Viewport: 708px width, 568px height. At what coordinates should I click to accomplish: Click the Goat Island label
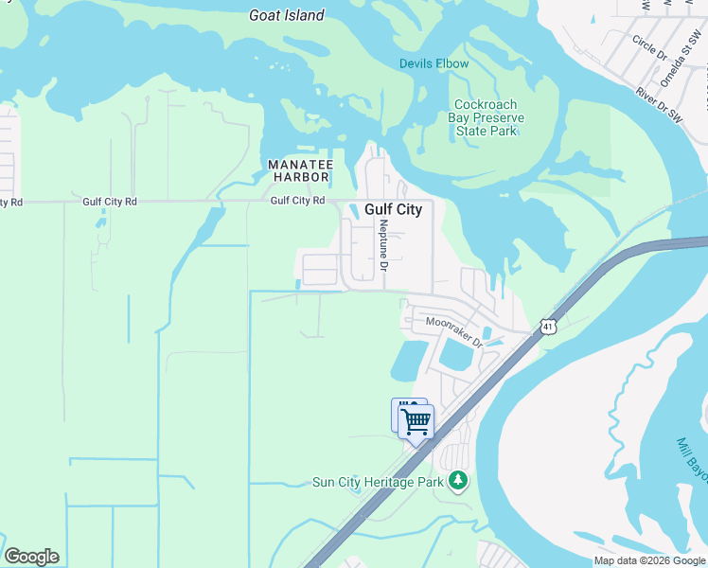click(286, 15)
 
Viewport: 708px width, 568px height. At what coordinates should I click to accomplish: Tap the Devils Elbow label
click(434, 64)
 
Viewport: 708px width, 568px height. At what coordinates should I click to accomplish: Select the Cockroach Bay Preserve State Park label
click(486, 117)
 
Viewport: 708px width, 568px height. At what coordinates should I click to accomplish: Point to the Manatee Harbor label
click(298, 170)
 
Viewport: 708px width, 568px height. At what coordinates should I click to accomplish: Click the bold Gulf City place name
click(393, 210)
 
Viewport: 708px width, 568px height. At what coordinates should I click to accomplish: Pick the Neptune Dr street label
click(383, 245)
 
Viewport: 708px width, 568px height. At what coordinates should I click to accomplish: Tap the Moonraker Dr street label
click(453, 330)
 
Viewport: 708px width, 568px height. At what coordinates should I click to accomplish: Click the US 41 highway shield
click(548, 327)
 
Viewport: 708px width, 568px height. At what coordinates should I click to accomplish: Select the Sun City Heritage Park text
click(378, 482)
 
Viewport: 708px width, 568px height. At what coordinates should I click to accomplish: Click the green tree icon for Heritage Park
click(458, 481)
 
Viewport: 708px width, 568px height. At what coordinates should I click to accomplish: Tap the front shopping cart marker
click(416, 422)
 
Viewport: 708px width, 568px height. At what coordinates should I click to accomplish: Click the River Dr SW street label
click(659, 106)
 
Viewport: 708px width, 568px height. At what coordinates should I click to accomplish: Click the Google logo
click(31, 557)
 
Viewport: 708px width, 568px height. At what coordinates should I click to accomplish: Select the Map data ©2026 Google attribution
click(650, 560)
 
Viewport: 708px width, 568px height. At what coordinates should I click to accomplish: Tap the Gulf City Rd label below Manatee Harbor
click(297, 201)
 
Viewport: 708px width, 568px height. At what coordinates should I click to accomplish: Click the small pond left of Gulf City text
click(352, 210)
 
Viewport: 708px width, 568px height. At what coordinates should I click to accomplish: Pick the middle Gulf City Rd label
click(110, 202)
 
